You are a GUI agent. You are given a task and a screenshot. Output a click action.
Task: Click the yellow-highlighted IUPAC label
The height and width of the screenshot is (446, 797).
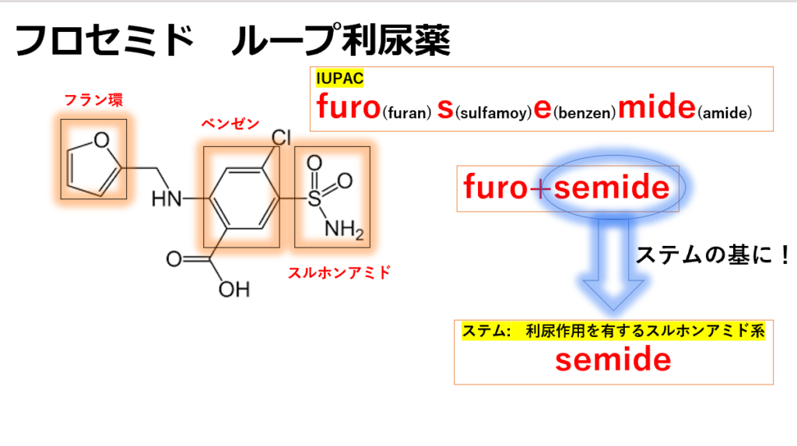pos(339,79)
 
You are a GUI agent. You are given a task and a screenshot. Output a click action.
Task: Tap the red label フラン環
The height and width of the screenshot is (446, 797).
pos(93,100)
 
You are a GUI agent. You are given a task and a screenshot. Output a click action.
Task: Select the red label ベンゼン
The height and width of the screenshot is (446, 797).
pos(230,124)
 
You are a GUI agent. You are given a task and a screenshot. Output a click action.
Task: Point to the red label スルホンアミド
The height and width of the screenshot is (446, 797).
pos(339,272)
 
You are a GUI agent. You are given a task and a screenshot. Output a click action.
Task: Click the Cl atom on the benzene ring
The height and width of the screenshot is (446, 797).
pos(281,137)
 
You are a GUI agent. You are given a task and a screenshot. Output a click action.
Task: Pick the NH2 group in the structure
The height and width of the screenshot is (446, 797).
pos(344,230)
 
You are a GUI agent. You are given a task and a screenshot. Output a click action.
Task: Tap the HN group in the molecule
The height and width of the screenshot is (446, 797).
pos(167,198)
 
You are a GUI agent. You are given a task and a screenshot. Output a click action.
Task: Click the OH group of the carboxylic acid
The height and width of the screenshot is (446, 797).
pos(234,290)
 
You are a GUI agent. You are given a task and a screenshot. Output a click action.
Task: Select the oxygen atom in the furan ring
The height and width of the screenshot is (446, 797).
pos(102,140)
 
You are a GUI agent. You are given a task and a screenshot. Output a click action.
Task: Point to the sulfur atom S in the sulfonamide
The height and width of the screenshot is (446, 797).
pos(314,198)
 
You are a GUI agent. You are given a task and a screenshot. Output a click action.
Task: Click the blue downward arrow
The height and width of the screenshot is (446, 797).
pos(613,265)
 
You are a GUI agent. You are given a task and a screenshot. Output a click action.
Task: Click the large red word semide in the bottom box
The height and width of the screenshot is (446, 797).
pos(613,360)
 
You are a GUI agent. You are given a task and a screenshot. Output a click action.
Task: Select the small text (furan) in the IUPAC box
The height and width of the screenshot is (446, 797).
pos(406,112)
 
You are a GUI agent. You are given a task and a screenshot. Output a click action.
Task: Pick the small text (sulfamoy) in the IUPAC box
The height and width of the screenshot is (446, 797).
pos(493,112)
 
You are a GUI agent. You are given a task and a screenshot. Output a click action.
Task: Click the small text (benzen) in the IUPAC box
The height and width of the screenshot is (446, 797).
pos(585,112)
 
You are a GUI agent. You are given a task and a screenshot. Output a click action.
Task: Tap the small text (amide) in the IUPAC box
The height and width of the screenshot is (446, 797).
pos(725,112)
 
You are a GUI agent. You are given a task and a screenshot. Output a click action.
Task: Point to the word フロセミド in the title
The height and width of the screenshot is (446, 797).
pos(104,40)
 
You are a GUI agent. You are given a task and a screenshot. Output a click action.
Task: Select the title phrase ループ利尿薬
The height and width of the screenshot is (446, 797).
pos(341,40)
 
